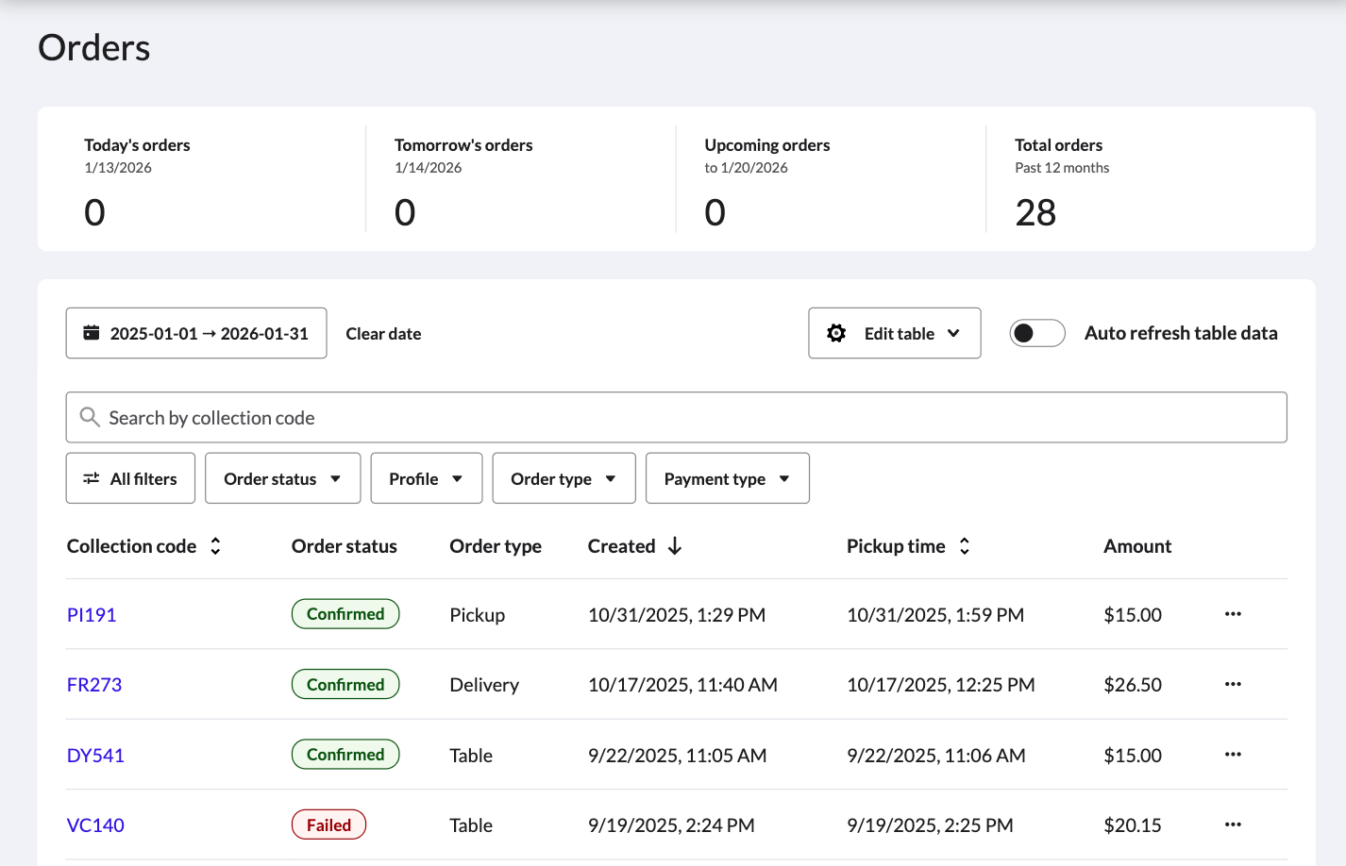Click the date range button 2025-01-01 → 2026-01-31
tap(196, 333)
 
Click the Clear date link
tap(383, 334)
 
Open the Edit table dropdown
tap(894, 333)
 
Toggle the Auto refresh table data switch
tap(1037, 333)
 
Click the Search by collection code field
tap(676, 418)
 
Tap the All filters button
tap(130, 478)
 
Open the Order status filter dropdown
tap(282, 478)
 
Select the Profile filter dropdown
tap(426, 478)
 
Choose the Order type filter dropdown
tap(564, 478)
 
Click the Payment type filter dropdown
tap(727, 478)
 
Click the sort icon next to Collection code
tap(215, 546)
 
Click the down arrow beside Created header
tap(675, 546)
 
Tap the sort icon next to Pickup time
tap(964, 546)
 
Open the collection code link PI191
tap(92, 615)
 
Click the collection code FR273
tap(94, 685)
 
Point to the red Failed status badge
tap(328, 825)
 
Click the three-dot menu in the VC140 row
tap(1233, 825)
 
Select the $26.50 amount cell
tap(1133, 685)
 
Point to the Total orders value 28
tap(1035, 213)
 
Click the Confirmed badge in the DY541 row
tap(345, 755)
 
